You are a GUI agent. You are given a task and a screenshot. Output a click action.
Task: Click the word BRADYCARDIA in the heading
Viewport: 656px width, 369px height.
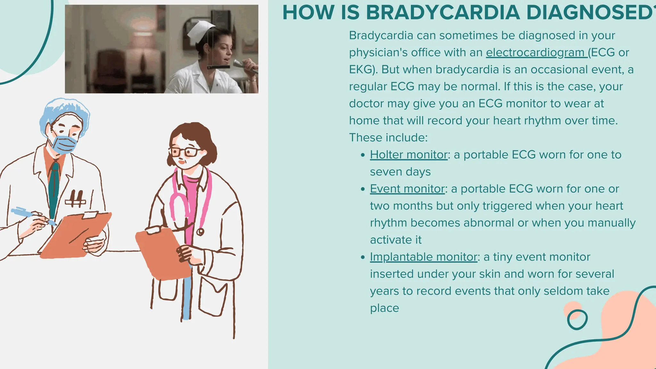click(443, 12)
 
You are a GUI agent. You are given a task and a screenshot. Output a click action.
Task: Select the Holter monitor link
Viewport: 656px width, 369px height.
click(409, 155)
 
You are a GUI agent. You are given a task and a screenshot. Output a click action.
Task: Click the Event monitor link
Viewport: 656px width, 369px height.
click(407, 189)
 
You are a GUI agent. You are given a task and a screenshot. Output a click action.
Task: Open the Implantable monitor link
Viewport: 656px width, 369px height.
click(423, 257)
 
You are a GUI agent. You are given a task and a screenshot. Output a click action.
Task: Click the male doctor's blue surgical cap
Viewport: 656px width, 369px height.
click(64, 111)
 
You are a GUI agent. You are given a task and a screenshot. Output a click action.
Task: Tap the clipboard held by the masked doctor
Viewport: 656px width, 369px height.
click(75, 235)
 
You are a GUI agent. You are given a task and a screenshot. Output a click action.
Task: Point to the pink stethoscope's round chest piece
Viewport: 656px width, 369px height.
click(200, 232)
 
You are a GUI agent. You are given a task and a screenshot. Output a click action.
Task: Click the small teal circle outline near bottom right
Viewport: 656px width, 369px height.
click(577, 319)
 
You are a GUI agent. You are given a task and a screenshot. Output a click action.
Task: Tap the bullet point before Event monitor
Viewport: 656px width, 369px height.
click(363, 189)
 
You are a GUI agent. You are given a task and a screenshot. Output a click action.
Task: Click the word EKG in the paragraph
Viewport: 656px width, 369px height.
click(360, 70)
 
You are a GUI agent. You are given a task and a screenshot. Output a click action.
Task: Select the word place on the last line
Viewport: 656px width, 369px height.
click(384, 308)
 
